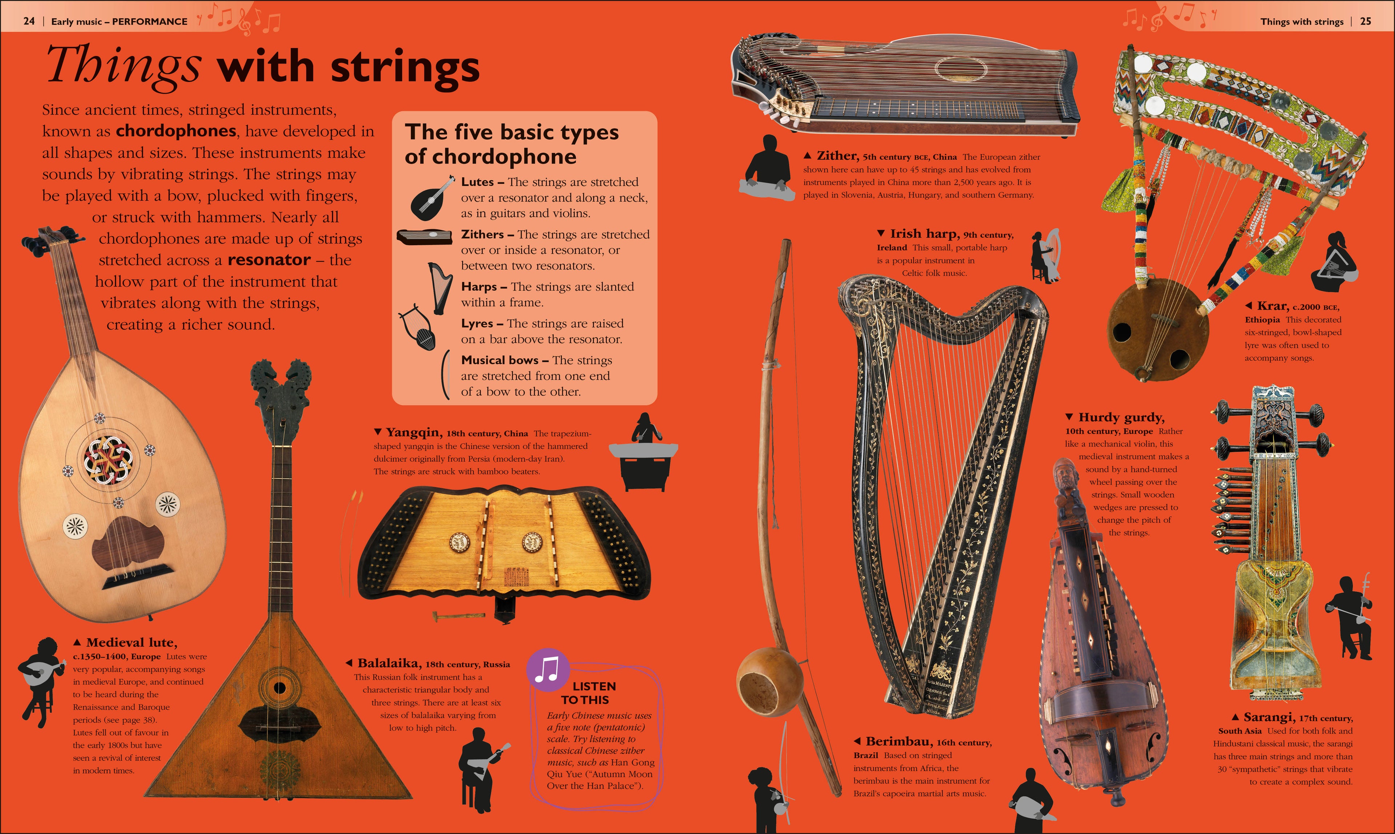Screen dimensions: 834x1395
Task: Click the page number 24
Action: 29,21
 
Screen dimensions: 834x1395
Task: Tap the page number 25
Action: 1365,21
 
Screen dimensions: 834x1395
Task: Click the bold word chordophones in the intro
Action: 176,131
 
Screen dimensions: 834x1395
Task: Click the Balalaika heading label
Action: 389,663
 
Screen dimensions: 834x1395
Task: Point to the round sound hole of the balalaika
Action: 279,687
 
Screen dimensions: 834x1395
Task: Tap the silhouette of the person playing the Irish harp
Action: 1045,256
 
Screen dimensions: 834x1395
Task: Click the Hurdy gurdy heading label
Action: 1121,417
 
